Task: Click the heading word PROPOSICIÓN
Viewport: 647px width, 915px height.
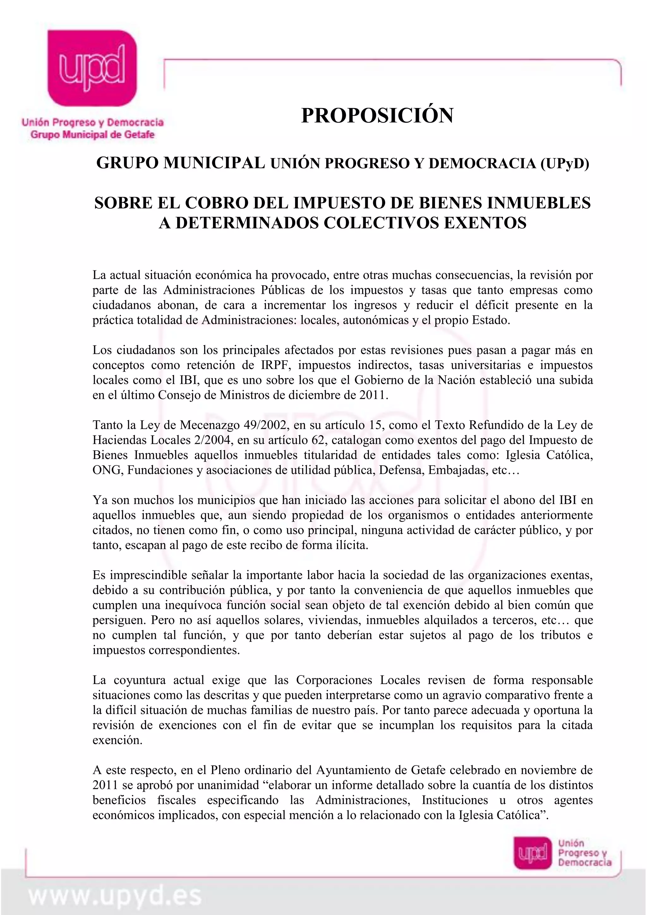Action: point(377,116)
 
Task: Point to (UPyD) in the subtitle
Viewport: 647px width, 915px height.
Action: point(565,163)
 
